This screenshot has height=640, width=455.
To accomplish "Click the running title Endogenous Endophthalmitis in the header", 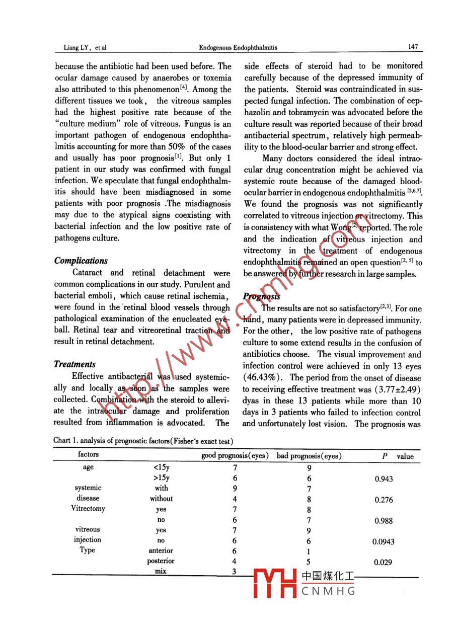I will [238, 47].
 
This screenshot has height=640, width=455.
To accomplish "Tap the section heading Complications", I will [81, 261].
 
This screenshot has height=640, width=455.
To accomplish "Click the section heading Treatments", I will [74, 364].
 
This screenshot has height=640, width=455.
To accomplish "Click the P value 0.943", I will [384, 479].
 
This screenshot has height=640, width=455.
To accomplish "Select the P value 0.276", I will [384, 500].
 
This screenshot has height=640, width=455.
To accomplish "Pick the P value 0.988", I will [384, 521].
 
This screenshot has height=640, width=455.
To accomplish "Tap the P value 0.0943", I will [384, 542].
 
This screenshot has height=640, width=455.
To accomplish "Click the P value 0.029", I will [384, 563].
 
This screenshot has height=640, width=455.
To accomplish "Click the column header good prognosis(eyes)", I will [235, 456].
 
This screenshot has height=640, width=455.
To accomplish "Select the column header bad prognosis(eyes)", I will [310, 456].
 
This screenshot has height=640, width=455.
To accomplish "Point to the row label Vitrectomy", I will [88, 508].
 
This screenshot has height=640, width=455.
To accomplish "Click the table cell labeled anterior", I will [161, 550].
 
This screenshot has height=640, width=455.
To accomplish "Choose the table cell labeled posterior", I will [161, 561].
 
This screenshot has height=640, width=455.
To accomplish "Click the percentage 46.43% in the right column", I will [259, 378].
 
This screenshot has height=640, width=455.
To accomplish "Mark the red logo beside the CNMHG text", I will [274, 584].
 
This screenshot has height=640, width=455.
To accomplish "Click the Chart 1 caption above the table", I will [143, 441].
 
